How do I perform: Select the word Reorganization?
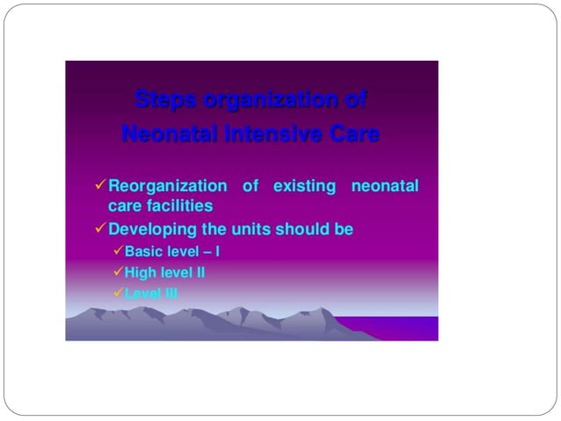click(167, 187)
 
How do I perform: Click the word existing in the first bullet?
click(304, 187)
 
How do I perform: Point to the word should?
click(301, 229)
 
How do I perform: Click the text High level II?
click(164, 272)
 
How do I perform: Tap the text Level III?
click(151, 293)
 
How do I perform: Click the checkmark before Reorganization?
click(99, 186)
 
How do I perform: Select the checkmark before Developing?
click(99, 229)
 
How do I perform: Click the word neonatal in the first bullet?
click(384, 187)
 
